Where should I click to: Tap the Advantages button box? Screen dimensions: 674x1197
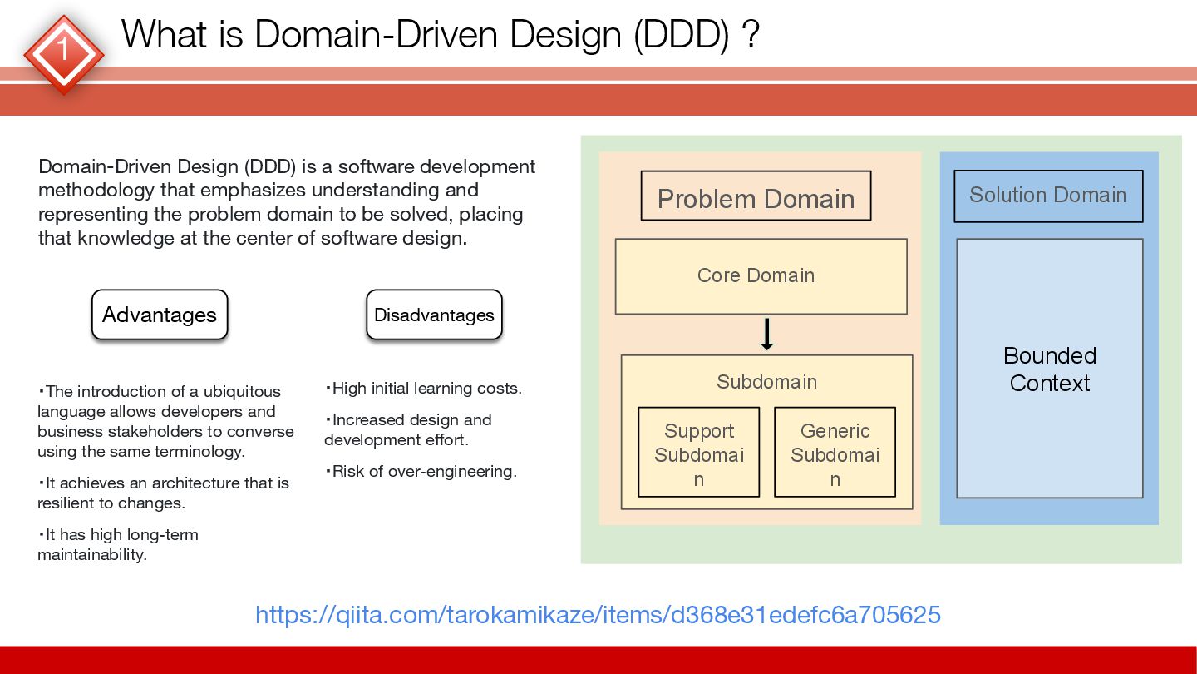click(160, 315)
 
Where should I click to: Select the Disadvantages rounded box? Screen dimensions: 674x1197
click(434, 315)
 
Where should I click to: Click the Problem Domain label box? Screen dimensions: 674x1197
click(756, 196)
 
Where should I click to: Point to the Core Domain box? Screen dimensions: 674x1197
click(761, 276)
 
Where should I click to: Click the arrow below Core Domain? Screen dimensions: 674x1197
click(766, 334)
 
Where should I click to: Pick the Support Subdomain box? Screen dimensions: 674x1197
click(698, 452)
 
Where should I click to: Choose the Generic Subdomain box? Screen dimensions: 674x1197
click(835, 452)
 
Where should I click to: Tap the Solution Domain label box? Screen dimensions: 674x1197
click(1048, 196)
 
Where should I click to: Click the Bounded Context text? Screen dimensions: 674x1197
click(1050, 369)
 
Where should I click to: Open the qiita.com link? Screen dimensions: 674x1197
click(598, 615)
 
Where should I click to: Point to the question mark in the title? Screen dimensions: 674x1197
click(751, 35)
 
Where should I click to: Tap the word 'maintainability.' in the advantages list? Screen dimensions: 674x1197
click(91, 554)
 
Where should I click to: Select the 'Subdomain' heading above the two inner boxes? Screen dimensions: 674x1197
click(766, 382)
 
